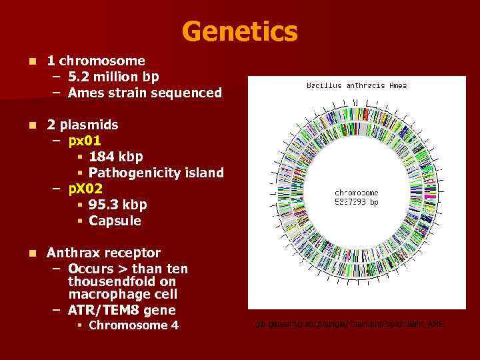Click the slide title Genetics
(x=239, y=31)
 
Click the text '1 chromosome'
(x=95, y=61)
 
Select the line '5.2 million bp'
(x=113, y=77)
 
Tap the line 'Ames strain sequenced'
(x=144, y=93)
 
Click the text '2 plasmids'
(x=82, y=125)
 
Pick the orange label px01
(x=85, y=141)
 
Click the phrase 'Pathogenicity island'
(x=155, y=173)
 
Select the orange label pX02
(x=85, y=189)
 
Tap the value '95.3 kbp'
(x=117, y=205)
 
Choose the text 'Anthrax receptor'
(x=103, y=253)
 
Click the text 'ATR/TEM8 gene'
(x=121, y=310)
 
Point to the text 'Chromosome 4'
(x=133, y=325)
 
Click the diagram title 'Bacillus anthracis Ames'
(x=356, y=85)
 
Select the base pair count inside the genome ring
(x=356, y=202)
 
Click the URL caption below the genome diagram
(x=349, y=324)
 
